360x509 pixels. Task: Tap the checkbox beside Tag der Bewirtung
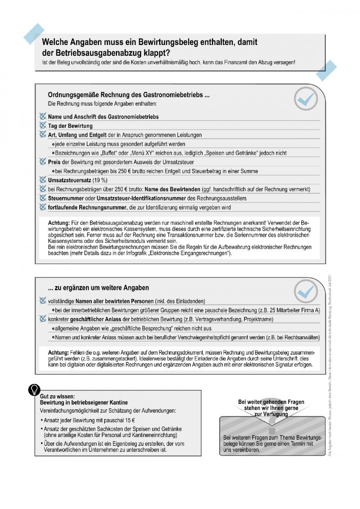(43, 125)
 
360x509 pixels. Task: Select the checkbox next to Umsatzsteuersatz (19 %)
(43, 179)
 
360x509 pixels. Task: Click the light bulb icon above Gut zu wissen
(34, 389)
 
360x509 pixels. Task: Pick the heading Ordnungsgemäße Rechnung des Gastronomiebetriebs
(129, 95)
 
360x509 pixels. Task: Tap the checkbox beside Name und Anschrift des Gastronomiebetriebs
(43, 116)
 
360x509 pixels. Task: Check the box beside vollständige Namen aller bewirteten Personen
(43, 300)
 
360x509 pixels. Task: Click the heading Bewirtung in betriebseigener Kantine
(84, 402)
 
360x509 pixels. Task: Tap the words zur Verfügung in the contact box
(271, 415)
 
